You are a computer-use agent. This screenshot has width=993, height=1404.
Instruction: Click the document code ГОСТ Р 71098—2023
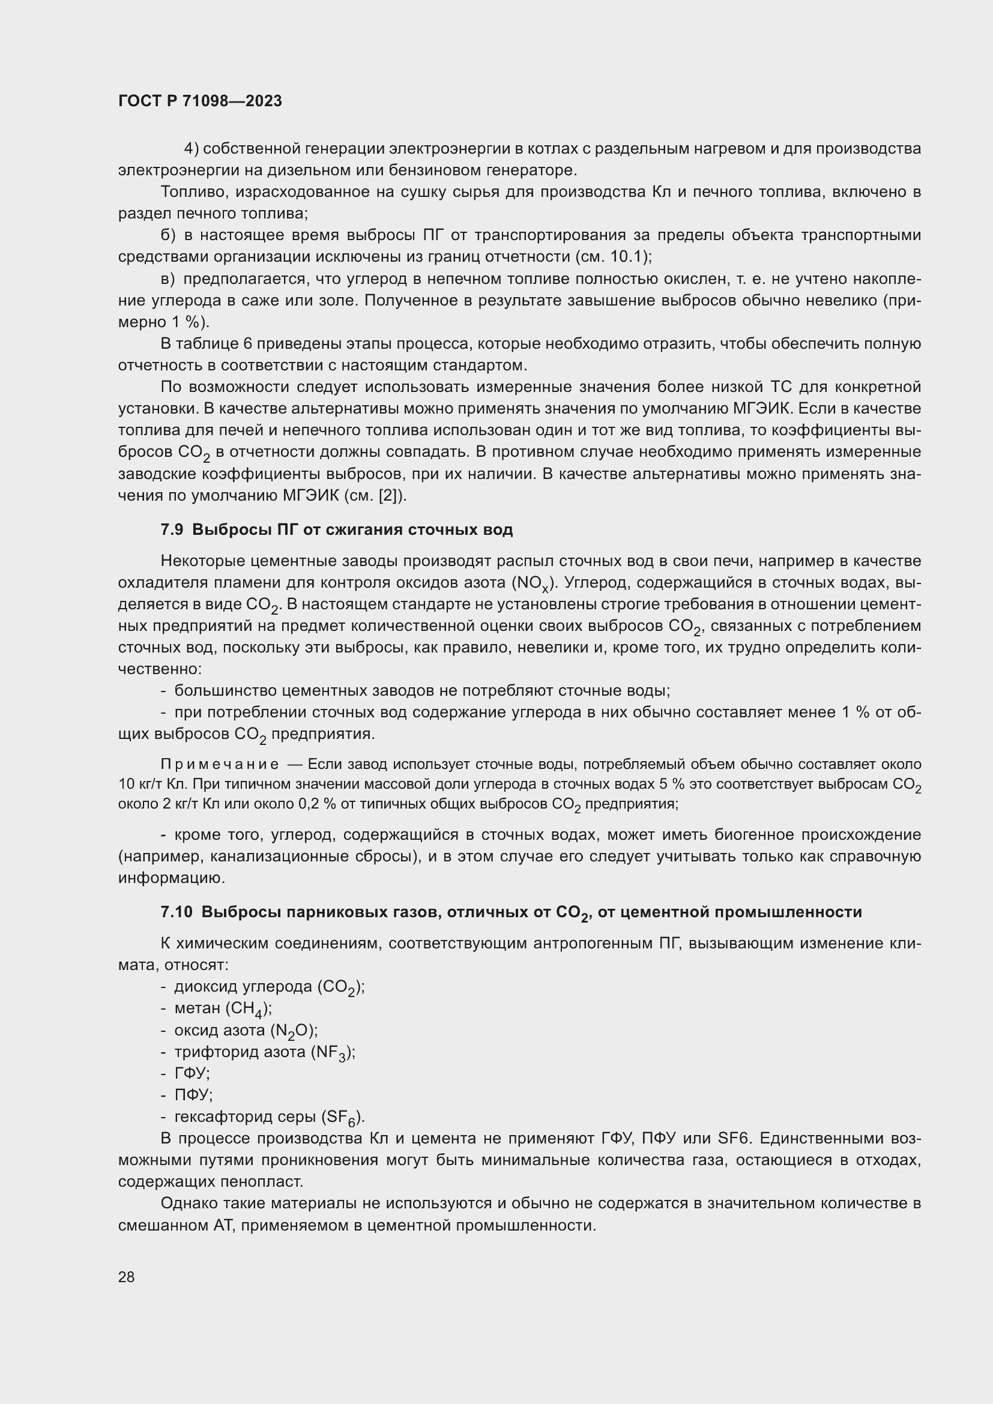point(200,101)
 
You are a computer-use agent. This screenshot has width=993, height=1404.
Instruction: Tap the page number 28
point(127,1277)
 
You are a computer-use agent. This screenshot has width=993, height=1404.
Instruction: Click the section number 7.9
point(172,529)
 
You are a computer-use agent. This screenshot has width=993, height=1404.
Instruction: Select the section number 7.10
point(176,912)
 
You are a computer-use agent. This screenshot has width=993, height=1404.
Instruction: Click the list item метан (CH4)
point(223,1008)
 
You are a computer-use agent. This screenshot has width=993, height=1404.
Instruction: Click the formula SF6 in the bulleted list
point(341,1117)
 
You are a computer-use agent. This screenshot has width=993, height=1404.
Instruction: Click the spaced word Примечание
point(220,764)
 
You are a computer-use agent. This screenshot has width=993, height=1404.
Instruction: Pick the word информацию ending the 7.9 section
point(163,878)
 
